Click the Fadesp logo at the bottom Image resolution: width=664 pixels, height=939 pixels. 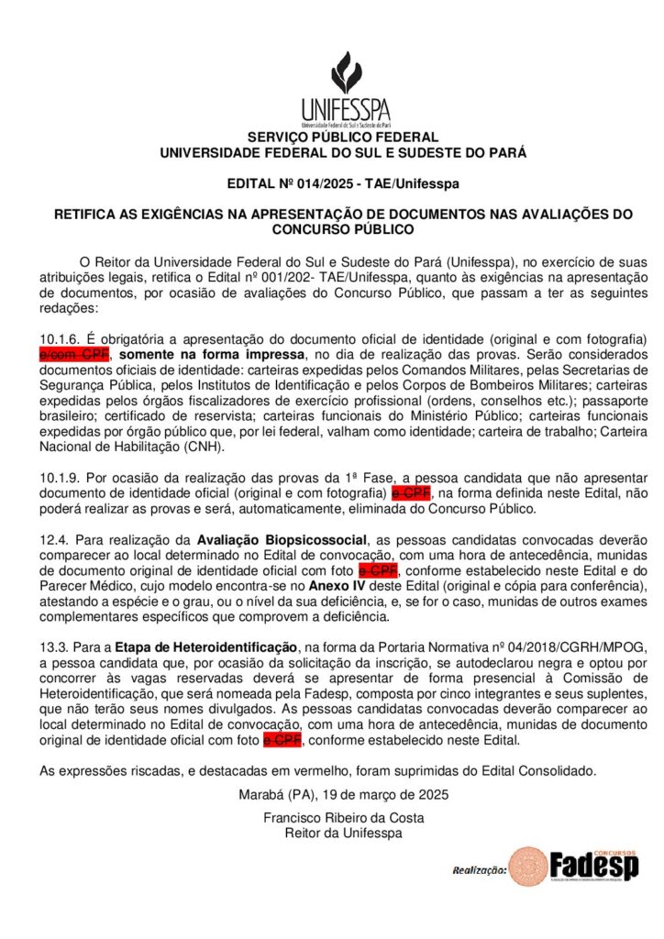tap(575, 866)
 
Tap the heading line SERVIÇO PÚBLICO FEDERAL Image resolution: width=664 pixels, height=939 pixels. tap(343, 138)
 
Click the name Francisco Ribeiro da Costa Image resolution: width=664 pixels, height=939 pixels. tap(343, 818)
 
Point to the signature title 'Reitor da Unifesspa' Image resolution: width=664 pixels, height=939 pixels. tap(343, 833)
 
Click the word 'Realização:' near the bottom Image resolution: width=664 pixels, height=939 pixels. tap(479, 869)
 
